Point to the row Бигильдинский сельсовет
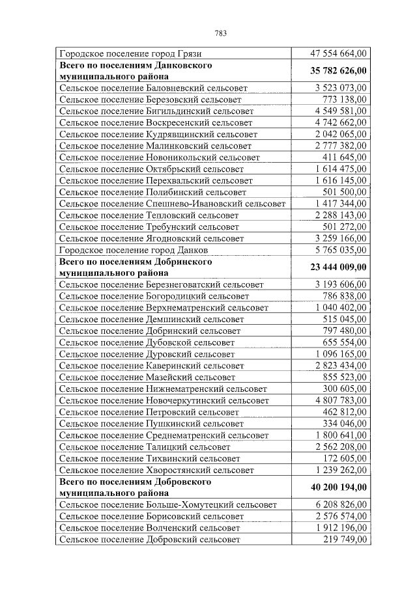point(156,111)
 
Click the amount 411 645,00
point(345,158)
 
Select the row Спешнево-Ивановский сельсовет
point(172,204)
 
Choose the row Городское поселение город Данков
point(134,250)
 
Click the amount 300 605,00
point(345,388)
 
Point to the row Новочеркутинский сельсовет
point(164,400)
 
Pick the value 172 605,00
point(345,458)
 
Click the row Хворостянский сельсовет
point(156,469)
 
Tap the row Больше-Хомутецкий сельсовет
point(167,504)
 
